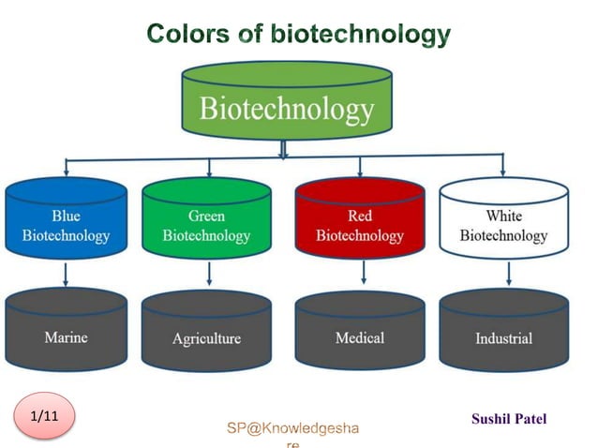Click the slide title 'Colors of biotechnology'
tap(298, 35)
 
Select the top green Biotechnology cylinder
tap(286, 103)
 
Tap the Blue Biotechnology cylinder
tap(66, 223)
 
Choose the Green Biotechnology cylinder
tap(206, 223)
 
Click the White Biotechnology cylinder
tap(503, 223)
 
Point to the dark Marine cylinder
tap(66, 333)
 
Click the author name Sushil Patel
tap(509, 419)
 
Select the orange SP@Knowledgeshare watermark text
tap(292, 429)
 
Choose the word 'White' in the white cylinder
tap(503, 216)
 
